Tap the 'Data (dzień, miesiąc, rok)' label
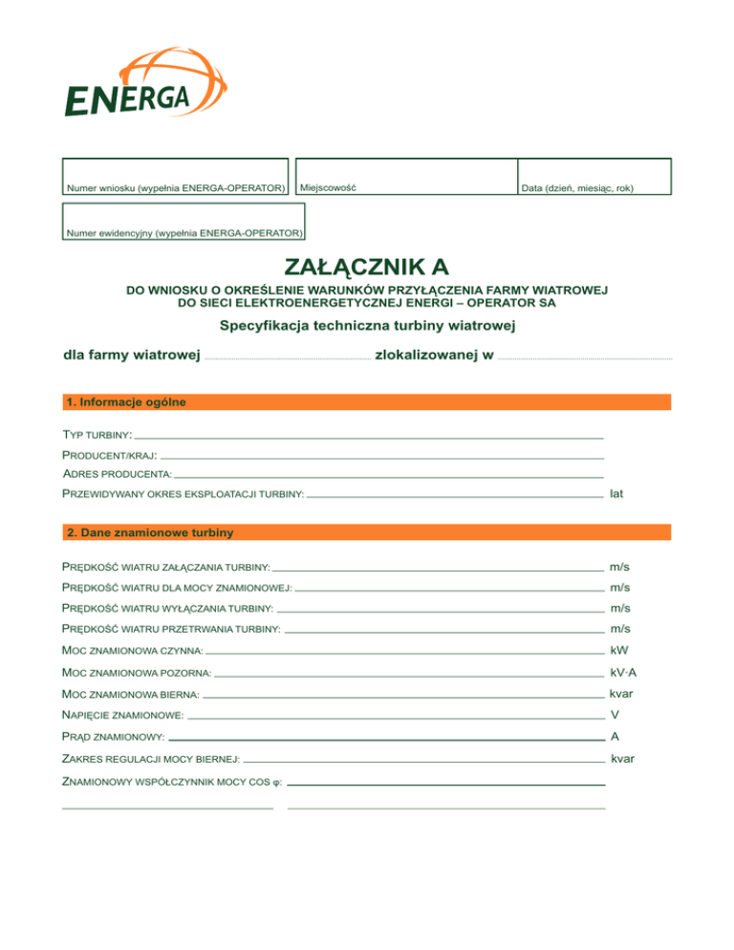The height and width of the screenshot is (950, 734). (577, 188)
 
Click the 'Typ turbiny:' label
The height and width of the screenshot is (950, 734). (97, 435)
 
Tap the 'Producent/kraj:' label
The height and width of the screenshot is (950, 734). (110, 455)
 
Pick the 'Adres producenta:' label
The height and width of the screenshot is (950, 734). (117, 474)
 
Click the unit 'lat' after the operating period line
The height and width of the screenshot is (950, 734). (616, 494)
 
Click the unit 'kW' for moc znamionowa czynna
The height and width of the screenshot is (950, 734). (618, 650)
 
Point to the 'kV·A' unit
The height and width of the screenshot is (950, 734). (623, 672)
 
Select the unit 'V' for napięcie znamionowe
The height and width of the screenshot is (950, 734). (615, 715)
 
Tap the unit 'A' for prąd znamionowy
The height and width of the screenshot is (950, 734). (615, 737)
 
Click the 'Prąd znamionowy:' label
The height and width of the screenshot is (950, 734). (113, 738)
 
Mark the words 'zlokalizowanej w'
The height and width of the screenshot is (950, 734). (435, 356)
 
